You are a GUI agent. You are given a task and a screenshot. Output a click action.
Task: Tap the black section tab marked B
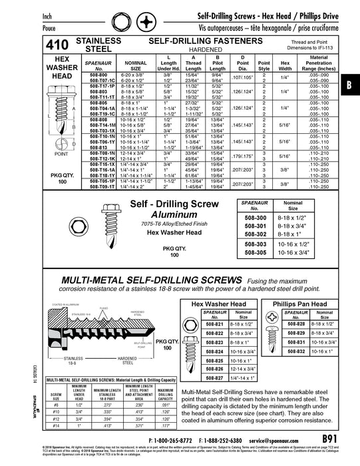[x=351, y=85]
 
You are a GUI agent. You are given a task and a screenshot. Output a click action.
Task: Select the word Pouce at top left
[x=16, y=28]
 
